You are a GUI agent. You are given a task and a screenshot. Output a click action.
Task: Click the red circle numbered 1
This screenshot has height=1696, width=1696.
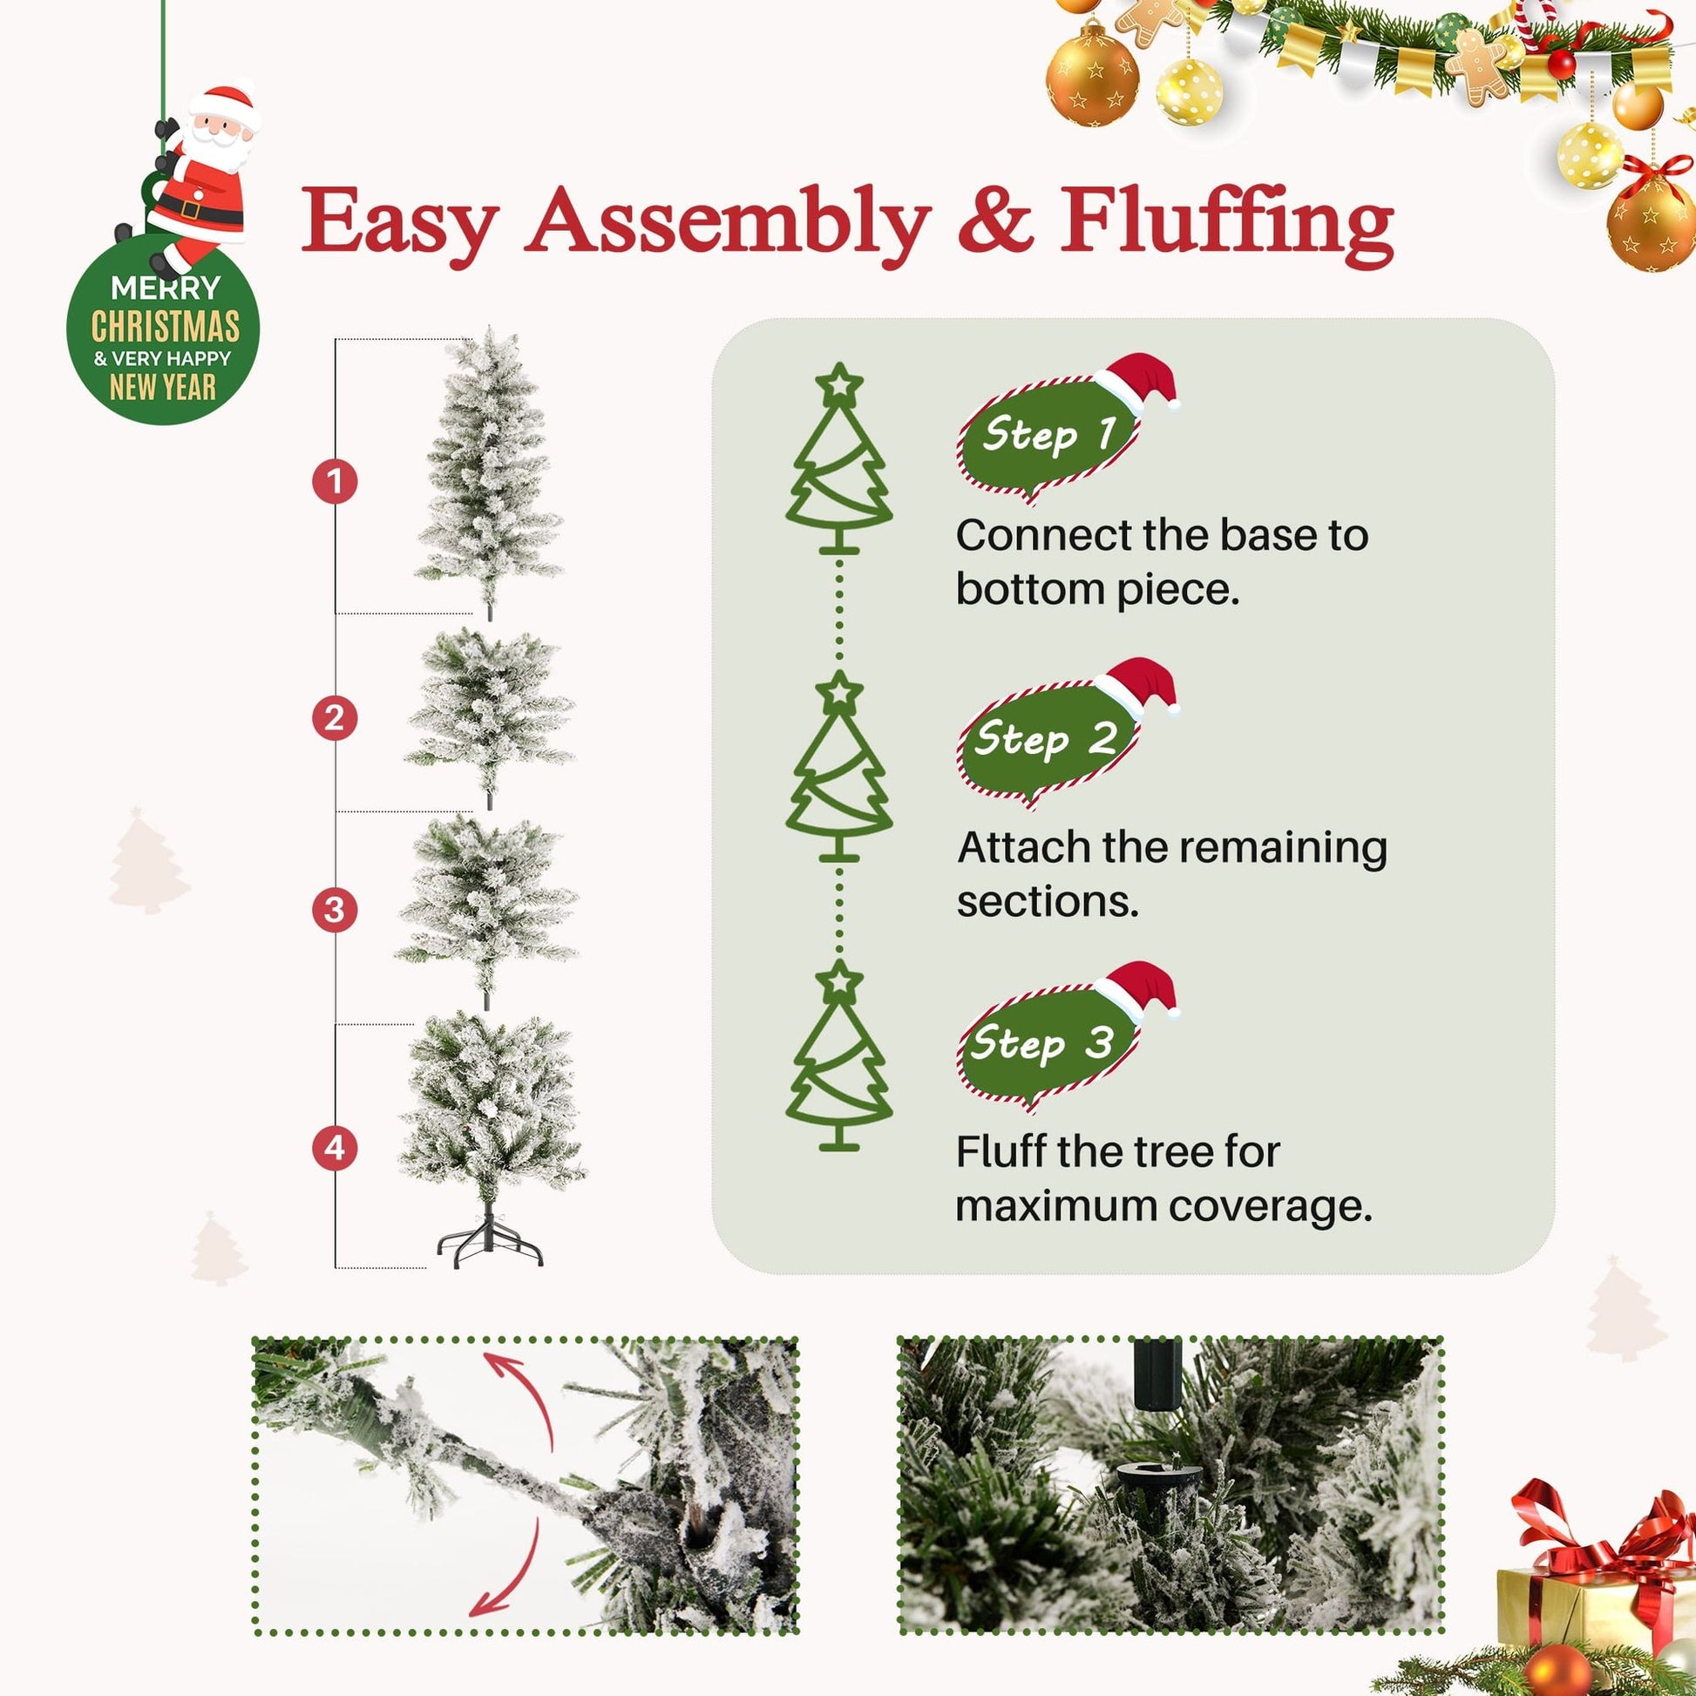(335, 481)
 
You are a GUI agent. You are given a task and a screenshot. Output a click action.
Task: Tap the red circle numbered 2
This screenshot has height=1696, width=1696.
(335, 719)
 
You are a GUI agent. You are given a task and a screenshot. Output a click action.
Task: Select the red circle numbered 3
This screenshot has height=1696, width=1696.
(335, 910)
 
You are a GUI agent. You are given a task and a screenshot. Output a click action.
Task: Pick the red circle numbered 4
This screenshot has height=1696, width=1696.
(335, 1147)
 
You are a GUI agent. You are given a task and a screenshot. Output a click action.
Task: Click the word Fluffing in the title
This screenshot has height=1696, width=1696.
(1226, 224)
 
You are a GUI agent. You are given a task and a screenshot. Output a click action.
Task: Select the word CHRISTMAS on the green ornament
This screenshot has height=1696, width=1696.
(165, 328)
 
